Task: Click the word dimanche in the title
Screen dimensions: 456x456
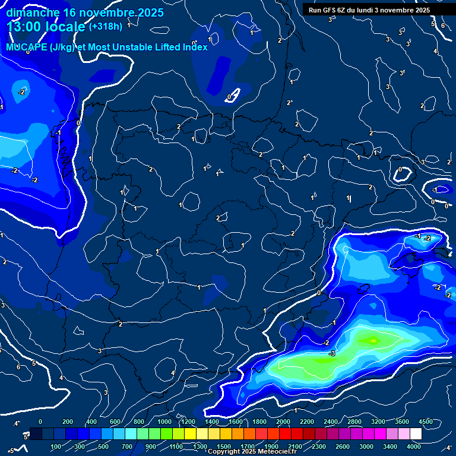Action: click(32, 12)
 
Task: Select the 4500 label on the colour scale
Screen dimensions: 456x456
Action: click(426, 422)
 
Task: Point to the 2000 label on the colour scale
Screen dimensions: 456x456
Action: click(283, 422)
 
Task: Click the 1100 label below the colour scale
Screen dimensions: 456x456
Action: click(176, 446)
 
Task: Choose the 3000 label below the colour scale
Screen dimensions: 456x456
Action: click(366, 446)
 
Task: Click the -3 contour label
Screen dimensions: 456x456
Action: click(332, 353)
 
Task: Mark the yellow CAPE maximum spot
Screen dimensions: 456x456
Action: click(373, 340)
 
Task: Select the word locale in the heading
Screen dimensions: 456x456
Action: click(65, 27)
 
